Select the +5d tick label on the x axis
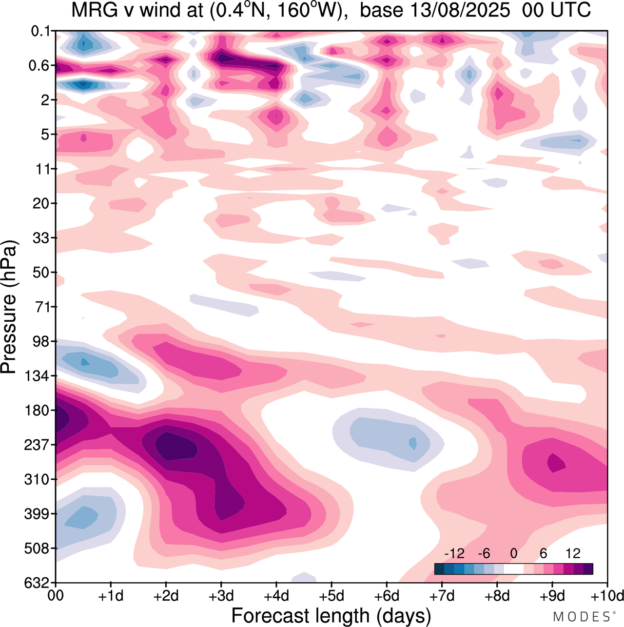pos(331,596)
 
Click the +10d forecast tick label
pos(607,596)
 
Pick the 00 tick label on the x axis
pos(56,596)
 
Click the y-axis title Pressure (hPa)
pos(9,307)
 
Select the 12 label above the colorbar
pos(573,553)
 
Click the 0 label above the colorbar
pos(513,553)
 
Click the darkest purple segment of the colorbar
pos(588,569)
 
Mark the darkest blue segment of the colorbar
pos(439,569)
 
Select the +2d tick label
pos(166,596)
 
